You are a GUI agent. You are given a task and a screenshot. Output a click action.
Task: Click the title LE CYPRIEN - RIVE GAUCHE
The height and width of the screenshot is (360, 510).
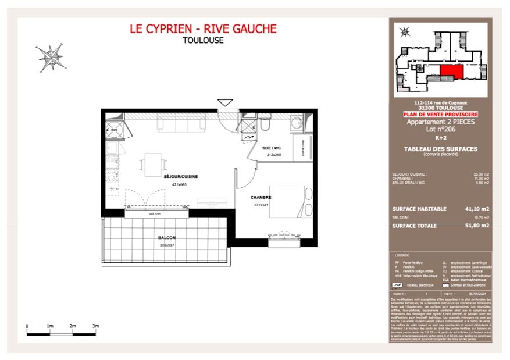(203, 28)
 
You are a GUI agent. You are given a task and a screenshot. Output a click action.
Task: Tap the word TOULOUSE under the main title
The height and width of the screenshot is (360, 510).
(203, 41)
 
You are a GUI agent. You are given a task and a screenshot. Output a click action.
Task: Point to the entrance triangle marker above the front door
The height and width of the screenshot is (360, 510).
(225, 102)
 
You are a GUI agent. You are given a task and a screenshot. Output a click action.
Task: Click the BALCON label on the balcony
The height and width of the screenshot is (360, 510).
(166, 238)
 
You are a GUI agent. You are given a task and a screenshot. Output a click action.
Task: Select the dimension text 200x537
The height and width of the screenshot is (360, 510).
(166, 245)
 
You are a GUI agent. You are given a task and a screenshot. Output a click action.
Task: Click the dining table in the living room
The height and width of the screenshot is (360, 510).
(153, 163)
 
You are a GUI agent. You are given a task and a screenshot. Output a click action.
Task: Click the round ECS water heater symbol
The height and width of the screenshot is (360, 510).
(114, 130)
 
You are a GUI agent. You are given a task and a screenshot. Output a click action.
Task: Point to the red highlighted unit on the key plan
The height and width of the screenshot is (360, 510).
(451, 72)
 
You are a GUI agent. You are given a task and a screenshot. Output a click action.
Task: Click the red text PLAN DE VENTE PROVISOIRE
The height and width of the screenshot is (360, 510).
(440, 115)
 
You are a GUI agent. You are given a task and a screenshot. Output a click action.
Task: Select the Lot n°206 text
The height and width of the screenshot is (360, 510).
(440, 129)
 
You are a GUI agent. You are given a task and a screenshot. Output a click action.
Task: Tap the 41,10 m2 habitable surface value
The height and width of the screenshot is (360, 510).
(477, 209)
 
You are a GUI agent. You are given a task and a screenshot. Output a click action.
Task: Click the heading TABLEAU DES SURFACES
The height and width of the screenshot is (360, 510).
(440, 149)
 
